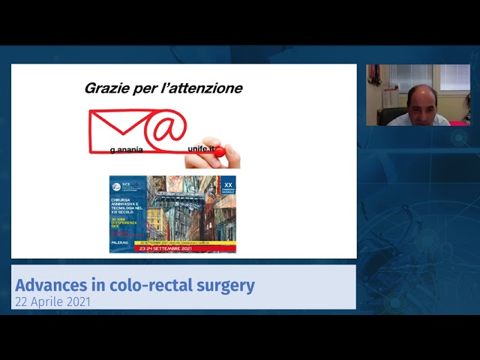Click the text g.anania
[x=126, y=150]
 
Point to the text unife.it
[x=201, y=149]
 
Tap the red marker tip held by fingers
[x=219, y=151]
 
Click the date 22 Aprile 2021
[x=52, y=301]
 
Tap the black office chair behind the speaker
[x=391, y=115]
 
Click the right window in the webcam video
[x=454, y=76]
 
